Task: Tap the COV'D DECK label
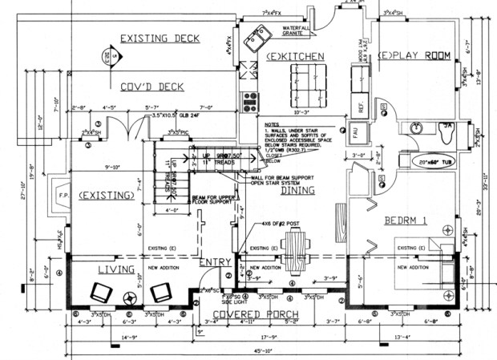152,87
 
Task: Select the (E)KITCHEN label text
297,56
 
